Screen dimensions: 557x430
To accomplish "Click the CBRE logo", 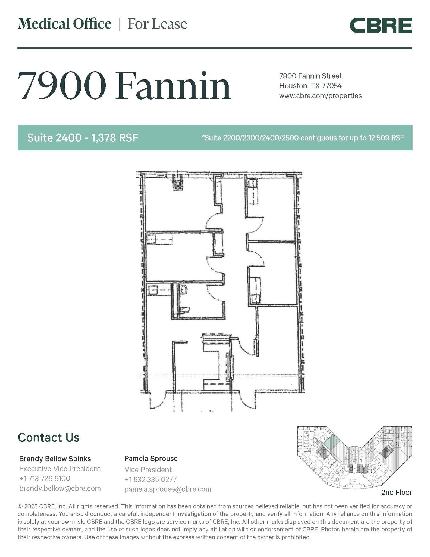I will coord(381,26).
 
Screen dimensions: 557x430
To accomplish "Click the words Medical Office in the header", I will coord(65,24).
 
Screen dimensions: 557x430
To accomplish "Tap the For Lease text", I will coord(157,24).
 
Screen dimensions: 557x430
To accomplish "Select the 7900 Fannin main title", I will coord(124,86).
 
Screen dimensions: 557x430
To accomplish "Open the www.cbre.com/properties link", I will coord(320,96).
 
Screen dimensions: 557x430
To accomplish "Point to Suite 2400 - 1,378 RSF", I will coord(83,138).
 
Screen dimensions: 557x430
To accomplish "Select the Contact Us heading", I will coord(49,438).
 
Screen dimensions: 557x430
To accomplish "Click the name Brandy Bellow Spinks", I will coord(55,459).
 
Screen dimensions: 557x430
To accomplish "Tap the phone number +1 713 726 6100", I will coord(45,478).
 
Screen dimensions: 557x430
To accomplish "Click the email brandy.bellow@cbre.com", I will coord(60,488).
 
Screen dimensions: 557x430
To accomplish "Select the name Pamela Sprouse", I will coord(151,459).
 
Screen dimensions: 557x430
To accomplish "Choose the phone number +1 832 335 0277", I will coord(150,479).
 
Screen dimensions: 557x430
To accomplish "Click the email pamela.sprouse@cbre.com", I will coord(168,489).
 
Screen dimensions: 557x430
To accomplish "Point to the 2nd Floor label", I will coord(396,492).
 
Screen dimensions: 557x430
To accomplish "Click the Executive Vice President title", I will coord(60,469).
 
